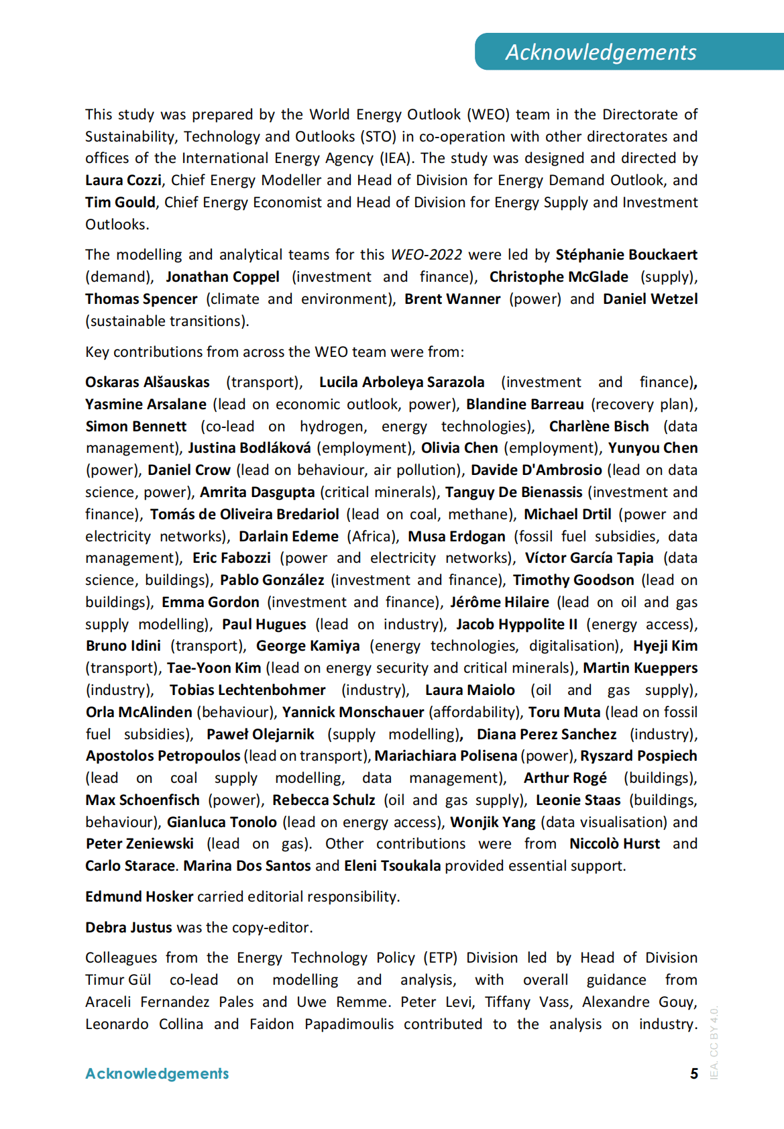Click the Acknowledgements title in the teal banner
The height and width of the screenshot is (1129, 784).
(x=601, y=52)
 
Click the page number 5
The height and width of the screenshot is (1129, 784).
(x=694, y=1074)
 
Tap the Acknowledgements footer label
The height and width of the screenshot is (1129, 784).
(x=157, y=1074)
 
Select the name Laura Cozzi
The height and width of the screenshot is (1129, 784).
(x=123, y=180)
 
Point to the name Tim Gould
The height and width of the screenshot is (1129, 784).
(x=120, y=203)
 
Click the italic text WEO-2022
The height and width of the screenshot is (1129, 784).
(x=426, y=255)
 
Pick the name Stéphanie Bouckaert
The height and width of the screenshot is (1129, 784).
(x=626, y=255)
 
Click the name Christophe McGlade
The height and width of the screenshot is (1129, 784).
(x=559, y=277)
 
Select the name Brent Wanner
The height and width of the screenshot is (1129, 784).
(x=452, y=299)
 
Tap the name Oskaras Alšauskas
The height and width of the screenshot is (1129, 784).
(x=148, y=382)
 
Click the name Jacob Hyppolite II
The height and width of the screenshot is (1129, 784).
(x=516, y=625)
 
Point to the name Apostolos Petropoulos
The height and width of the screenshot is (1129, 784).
(x=163, y=756)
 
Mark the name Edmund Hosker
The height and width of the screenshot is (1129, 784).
(x=139, y=897)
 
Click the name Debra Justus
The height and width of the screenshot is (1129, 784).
(x=129, y=928)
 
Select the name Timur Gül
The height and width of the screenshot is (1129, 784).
(x=118, y=980)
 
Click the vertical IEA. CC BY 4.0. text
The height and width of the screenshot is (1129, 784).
(x=714, y=1042)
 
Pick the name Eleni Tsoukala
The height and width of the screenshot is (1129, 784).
(x=392, y=866)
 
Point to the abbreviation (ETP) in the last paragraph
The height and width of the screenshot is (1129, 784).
(x=440, y=958)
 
